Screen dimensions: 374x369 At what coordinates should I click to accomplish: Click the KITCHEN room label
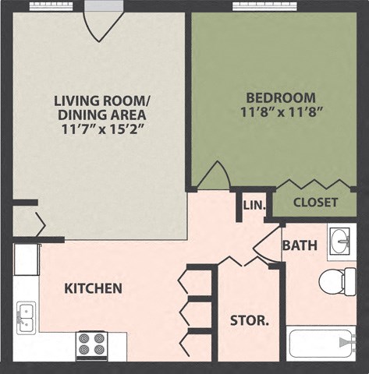(x=93, y=288)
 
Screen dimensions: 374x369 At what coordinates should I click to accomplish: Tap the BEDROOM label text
(x=281, y=98)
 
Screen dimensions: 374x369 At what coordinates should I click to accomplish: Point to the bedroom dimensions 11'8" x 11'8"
(x=281, y=112)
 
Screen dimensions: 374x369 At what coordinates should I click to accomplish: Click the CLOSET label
(x=315, y=203)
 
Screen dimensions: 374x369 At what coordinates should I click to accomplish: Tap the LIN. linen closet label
(x=254, y=206)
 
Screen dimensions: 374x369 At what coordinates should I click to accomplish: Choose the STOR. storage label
(x=249, y=320)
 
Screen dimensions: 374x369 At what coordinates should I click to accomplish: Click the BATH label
(x=300, y=245)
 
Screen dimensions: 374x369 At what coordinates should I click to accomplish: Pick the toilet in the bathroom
(x=338, y=280)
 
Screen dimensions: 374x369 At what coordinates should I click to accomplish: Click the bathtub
(x=321, y=342)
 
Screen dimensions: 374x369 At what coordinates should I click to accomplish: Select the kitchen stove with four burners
(x=90, y=344)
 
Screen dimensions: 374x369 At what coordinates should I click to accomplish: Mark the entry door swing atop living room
(x=104, y=23)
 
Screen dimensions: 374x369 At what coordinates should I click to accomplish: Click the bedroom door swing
(x=213, y=177)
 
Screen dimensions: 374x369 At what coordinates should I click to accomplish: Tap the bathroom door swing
(x=270, y=242)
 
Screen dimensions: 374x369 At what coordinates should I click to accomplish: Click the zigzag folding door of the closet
(x=313, y=185)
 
